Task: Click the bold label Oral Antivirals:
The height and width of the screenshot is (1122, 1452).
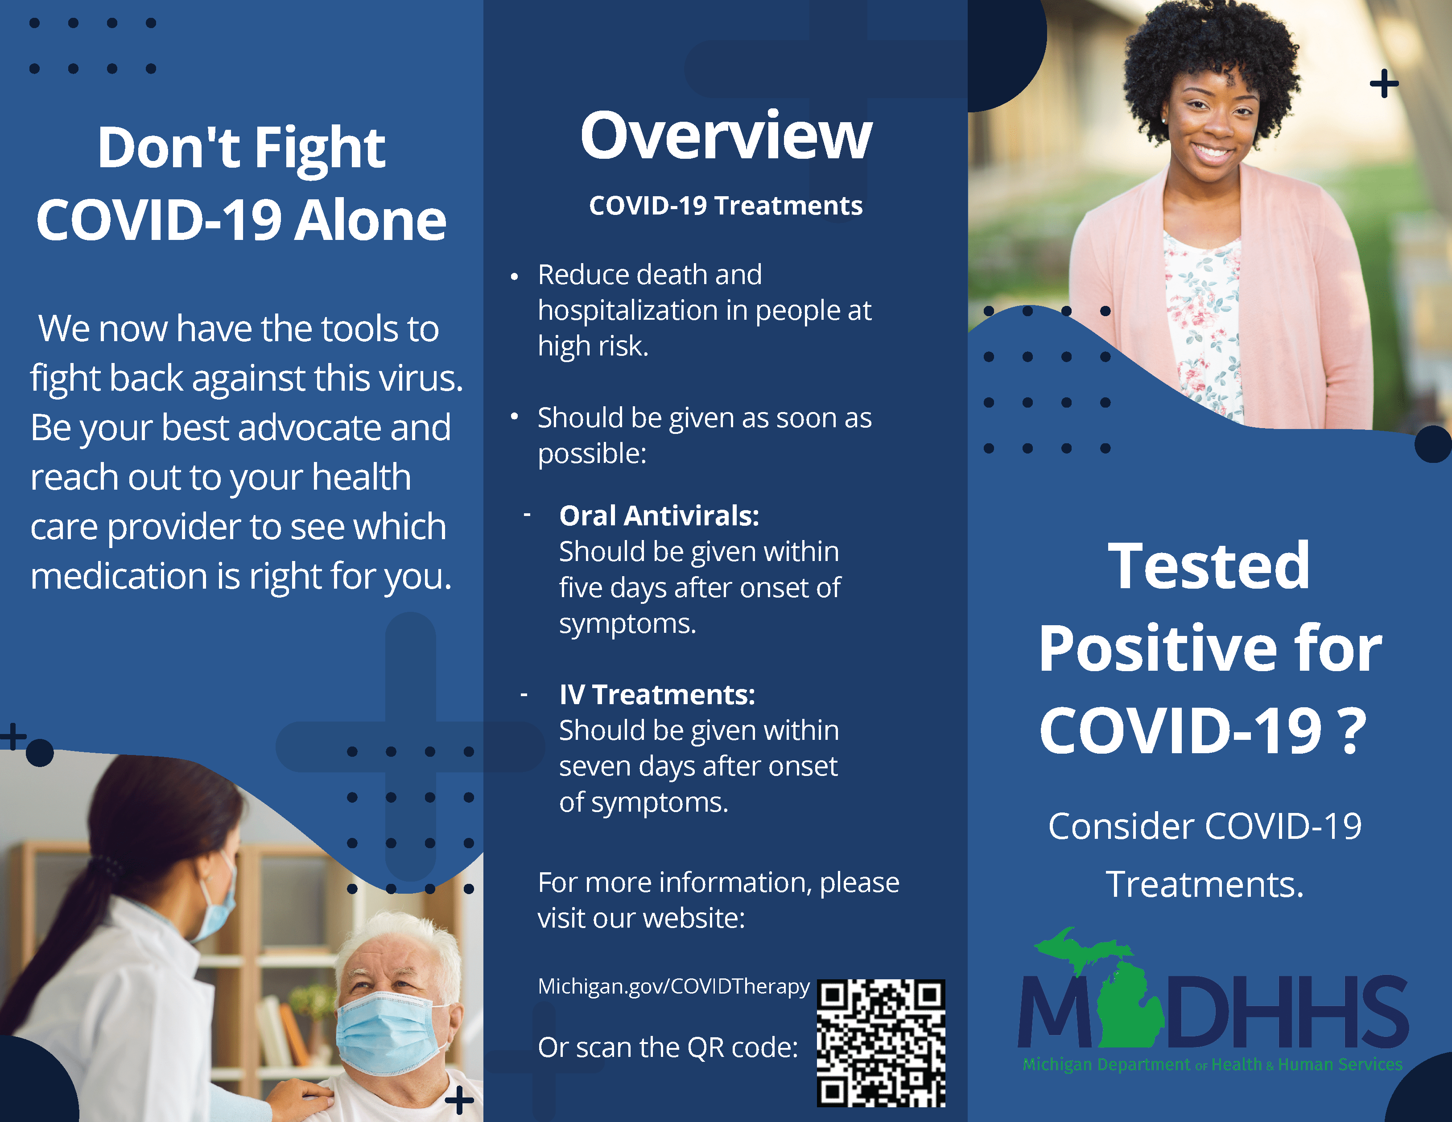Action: (659, 516)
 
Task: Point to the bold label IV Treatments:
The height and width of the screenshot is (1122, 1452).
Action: (657, 695)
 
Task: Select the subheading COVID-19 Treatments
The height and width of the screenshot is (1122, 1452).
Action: (726, 206)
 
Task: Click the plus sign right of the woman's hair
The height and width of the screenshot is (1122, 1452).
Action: (1384, 84)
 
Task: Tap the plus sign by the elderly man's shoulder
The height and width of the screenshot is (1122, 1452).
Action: (459, 1100)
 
